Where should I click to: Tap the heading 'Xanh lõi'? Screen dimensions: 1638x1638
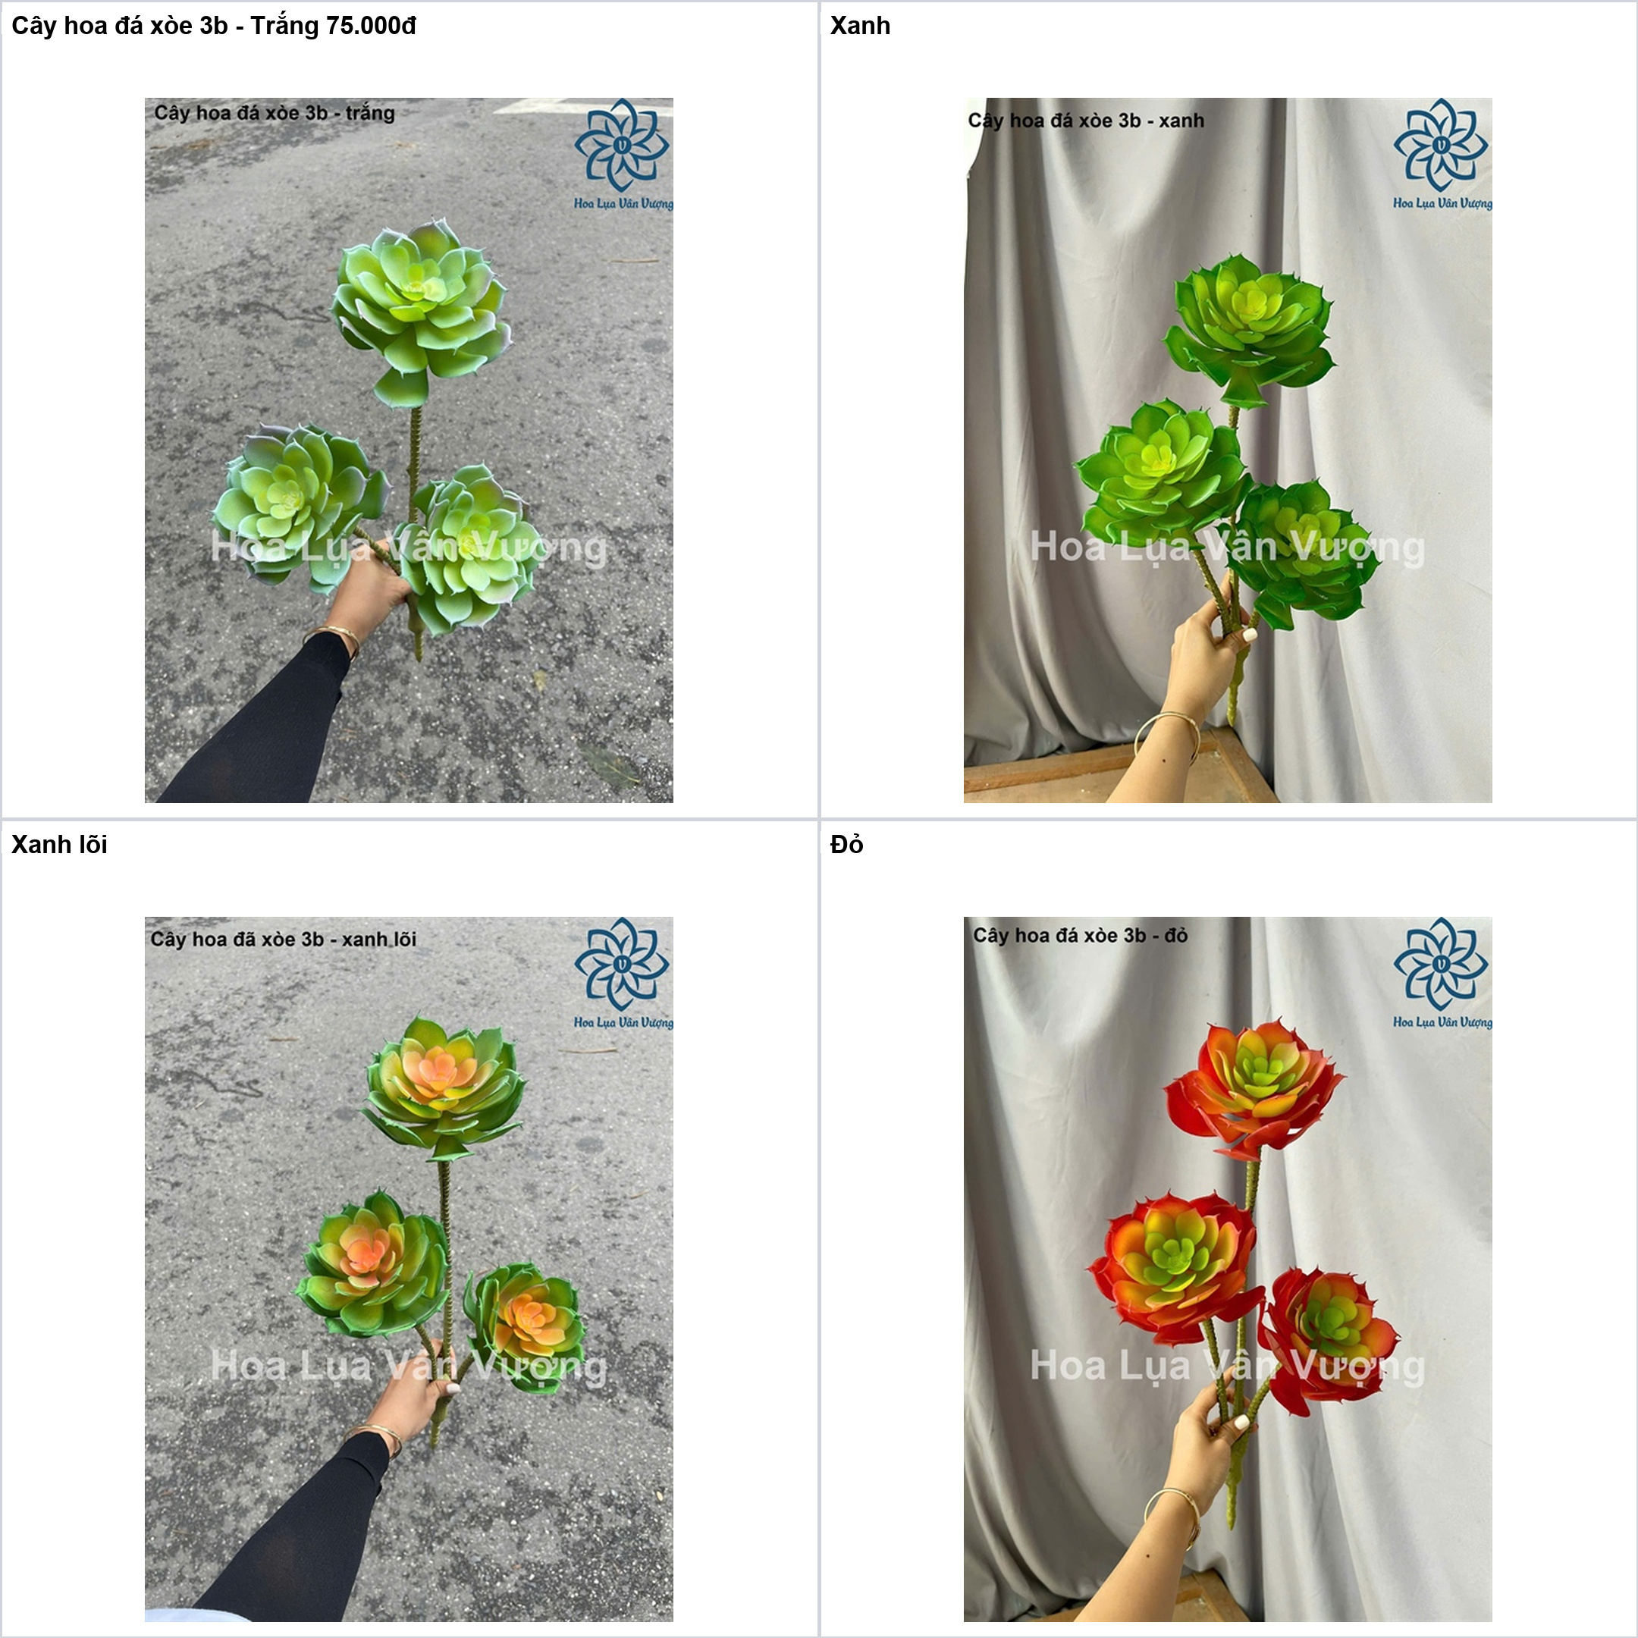pyautogui.click(x=59, y=845)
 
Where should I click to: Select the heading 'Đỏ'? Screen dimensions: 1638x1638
pyautogui.click(x=846, y=845)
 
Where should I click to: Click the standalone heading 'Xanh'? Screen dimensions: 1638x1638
pyautogui.click(x=860, y=27)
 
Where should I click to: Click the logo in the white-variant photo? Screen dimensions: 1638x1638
pyautogui.click(x=623, y=153)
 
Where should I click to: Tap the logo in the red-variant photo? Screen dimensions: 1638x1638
pyautogui.click(x=1442, y=972)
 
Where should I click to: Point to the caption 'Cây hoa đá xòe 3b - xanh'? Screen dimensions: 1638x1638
pyautogui.click(x=1086, y=121)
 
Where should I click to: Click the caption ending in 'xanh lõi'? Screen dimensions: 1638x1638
pyautogui.click(x=283, y=940)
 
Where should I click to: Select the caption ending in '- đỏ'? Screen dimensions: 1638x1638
pyautogui.click(x=1080, y=935)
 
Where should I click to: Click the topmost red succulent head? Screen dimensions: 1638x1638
pyautogui.click(x=1253, y=1092)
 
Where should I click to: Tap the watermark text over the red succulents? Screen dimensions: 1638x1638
pyautogui.click(x=1227, y=1366)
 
